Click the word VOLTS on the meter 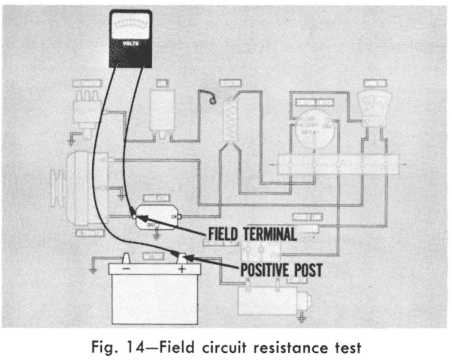[129, 43]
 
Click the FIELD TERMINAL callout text [251, 233]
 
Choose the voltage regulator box [155, 214]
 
